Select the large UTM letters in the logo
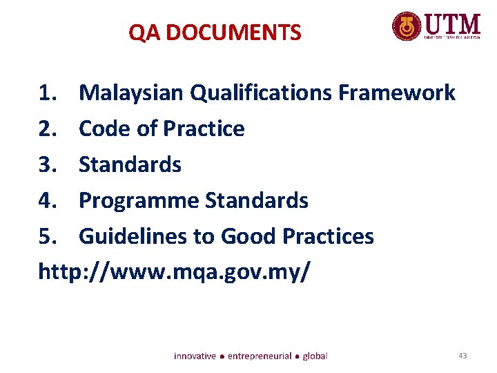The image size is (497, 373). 452,23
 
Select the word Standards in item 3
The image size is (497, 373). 130,164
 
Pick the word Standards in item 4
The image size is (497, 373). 257,201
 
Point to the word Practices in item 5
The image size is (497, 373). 330,237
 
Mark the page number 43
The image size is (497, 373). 462,356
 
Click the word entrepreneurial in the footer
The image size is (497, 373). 260,356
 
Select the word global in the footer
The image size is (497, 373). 315,356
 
